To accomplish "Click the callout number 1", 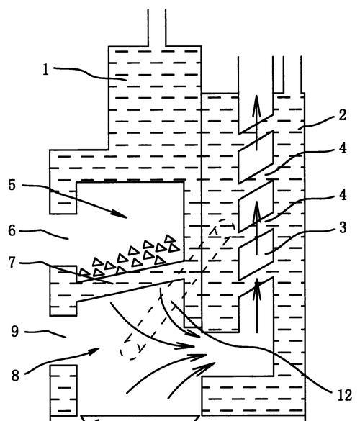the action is pos(46,70).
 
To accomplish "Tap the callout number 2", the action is pos(342,115).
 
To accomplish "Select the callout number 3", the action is pos(343,227).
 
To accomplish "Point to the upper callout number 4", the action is pos(343,148).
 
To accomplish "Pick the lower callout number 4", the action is pos(343,194).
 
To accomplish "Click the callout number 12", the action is pos(345,395).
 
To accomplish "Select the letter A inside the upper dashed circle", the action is pos(214,231).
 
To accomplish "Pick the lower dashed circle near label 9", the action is pos(132,350).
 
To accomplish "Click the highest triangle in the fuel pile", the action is pos(170,238).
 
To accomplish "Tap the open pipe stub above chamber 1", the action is pos(157,27).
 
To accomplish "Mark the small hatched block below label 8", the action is pos(63,390).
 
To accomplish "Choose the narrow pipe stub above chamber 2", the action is pos(279,74).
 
